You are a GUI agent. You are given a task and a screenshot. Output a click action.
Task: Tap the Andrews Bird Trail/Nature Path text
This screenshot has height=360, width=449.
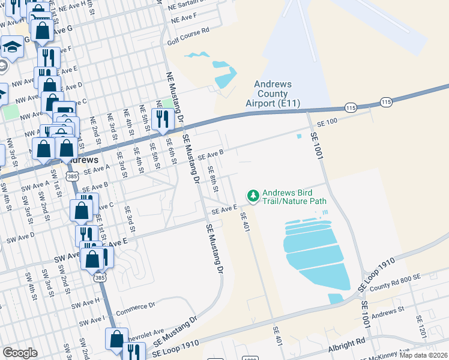click(294, 196)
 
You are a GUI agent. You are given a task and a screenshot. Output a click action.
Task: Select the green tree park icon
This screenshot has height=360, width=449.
click(253, 196)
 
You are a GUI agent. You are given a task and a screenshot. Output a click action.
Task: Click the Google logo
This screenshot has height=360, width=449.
click(20, 353)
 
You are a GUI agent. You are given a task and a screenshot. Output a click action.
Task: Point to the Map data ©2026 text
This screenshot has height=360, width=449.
click(424, 355)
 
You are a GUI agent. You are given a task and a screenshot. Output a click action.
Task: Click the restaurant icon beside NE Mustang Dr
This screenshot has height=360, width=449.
click(161, 118)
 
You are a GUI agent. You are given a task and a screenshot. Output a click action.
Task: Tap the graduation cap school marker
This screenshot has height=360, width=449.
click(11, 46)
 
